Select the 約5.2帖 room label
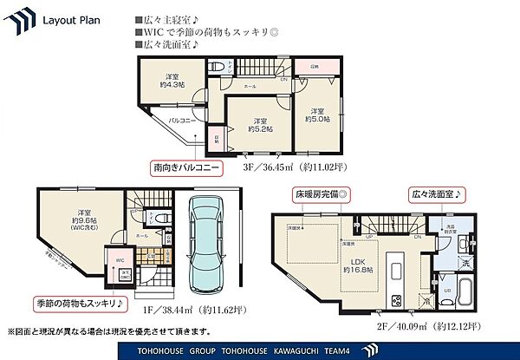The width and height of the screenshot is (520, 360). pyautogui.click(x=259, y=124)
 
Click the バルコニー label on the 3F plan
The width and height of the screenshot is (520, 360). pyautogui.click(x=180, y=121)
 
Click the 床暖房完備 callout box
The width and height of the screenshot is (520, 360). pyautogui.click(x=317, y=194)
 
